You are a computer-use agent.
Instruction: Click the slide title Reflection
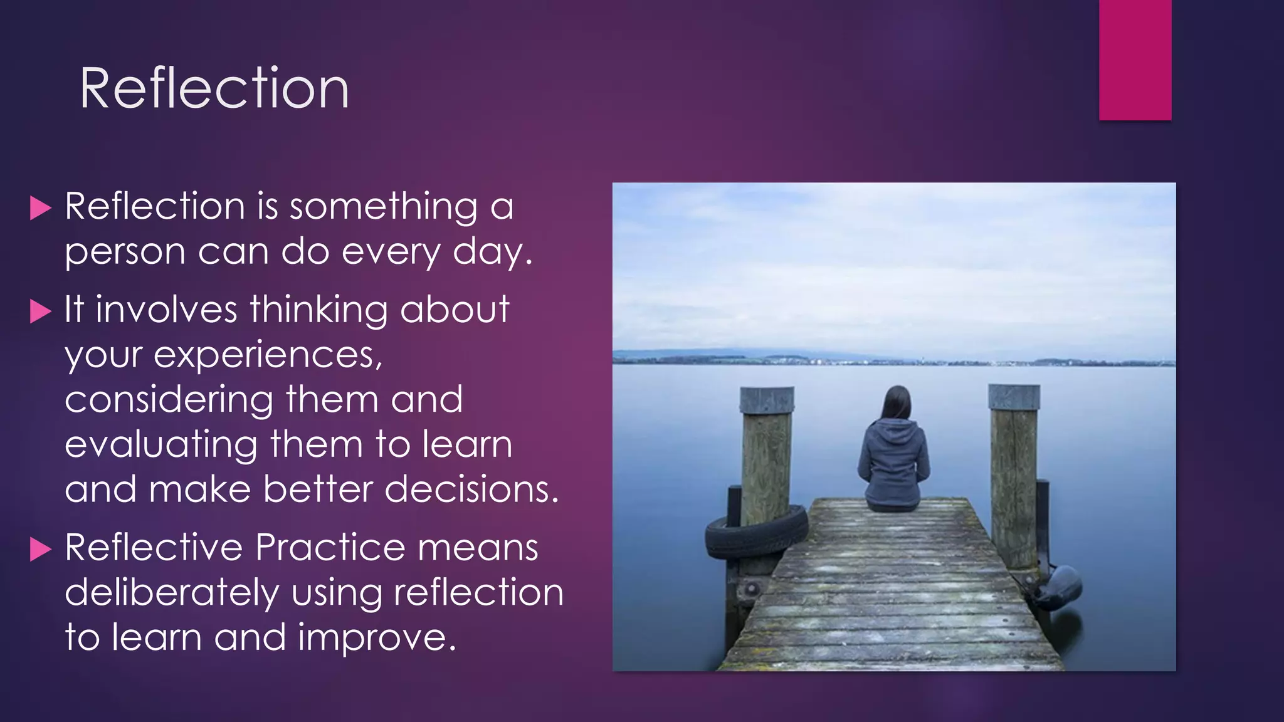(x=214, y=88)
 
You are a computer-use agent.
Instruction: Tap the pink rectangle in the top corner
(x=1135, y=60)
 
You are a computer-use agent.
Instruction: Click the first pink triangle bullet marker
(x=40, y=208)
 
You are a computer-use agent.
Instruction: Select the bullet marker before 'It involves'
(x=40, y=311)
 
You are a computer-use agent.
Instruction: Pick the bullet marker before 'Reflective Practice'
(x=40, y=549)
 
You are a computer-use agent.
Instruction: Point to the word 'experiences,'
(x=268, y=355)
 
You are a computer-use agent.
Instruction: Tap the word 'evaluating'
(x=160, y=445)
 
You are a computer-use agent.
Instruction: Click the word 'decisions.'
(x=471, y=489)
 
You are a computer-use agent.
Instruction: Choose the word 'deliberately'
(x=172, y=594)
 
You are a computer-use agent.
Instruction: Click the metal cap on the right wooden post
(x=1014, y=397)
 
